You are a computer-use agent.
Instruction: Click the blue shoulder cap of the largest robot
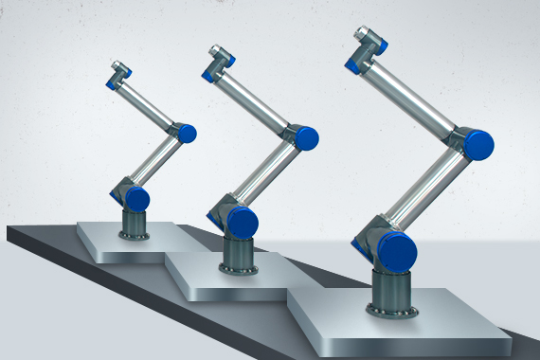coord(397,251)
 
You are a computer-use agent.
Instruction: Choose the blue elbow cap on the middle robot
coord(305,139)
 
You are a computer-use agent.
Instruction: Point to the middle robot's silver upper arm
coord(274,180)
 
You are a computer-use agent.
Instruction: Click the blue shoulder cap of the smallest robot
coord(138,199)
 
